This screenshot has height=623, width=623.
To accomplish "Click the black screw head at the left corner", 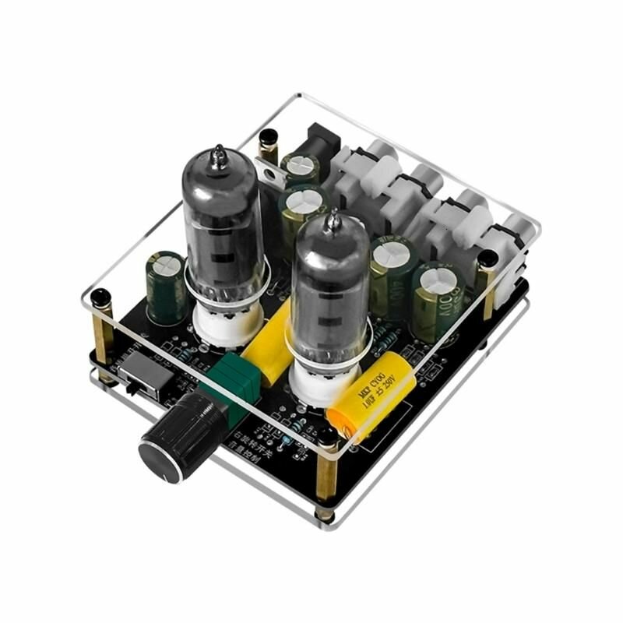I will [x=100, y=297].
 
